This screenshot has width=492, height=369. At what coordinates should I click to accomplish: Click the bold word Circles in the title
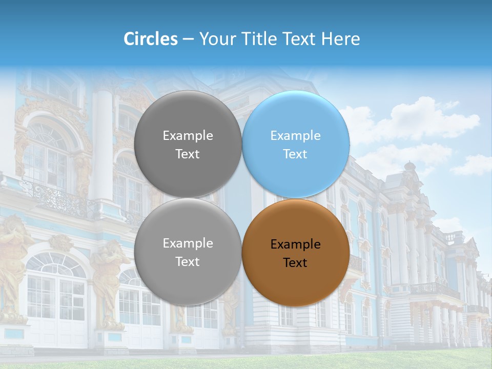(151, 39)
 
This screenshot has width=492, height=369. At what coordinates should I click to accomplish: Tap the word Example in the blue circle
(295, 136)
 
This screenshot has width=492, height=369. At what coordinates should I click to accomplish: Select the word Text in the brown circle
(295, 263)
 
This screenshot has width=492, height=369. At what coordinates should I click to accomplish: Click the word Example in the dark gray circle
(188, 136)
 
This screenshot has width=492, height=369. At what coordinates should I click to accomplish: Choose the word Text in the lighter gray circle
(188, 262)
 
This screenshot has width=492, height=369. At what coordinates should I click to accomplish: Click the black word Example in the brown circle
(295, 244)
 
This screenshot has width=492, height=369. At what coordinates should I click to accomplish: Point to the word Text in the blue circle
(295, 154)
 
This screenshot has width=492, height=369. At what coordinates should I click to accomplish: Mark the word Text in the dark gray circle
(188, 154)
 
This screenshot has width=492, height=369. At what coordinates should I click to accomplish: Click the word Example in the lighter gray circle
(188, 243)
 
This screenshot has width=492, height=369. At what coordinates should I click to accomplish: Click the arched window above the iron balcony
(47, 154)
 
